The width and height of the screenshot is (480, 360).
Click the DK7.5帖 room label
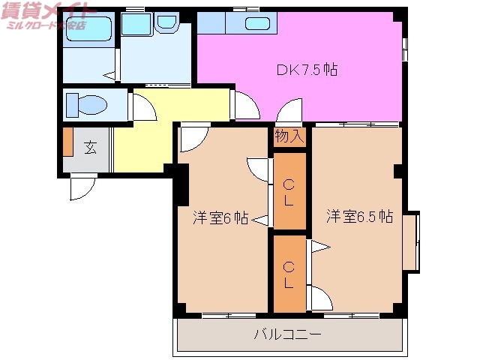(307, 70)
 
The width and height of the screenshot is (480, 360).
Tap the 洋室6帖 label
(220, 217)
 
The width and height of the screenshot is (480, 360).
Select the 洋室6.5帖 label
(359, 217)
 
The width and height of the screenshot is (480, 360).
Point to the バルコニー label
(287, 334)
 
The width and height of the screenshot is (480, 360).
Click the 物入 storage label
(289, 136)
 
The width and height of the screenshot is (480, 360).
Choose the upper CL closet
(289, 192)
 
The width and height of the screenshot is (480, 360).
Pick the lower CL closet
(289, 274)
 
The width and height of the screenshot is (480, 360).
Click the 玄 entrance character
(90, 148)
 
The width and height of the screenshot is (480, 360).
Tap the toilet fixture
(86, 103)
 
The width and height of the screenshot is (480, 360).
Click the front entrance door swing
(82, 187)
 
